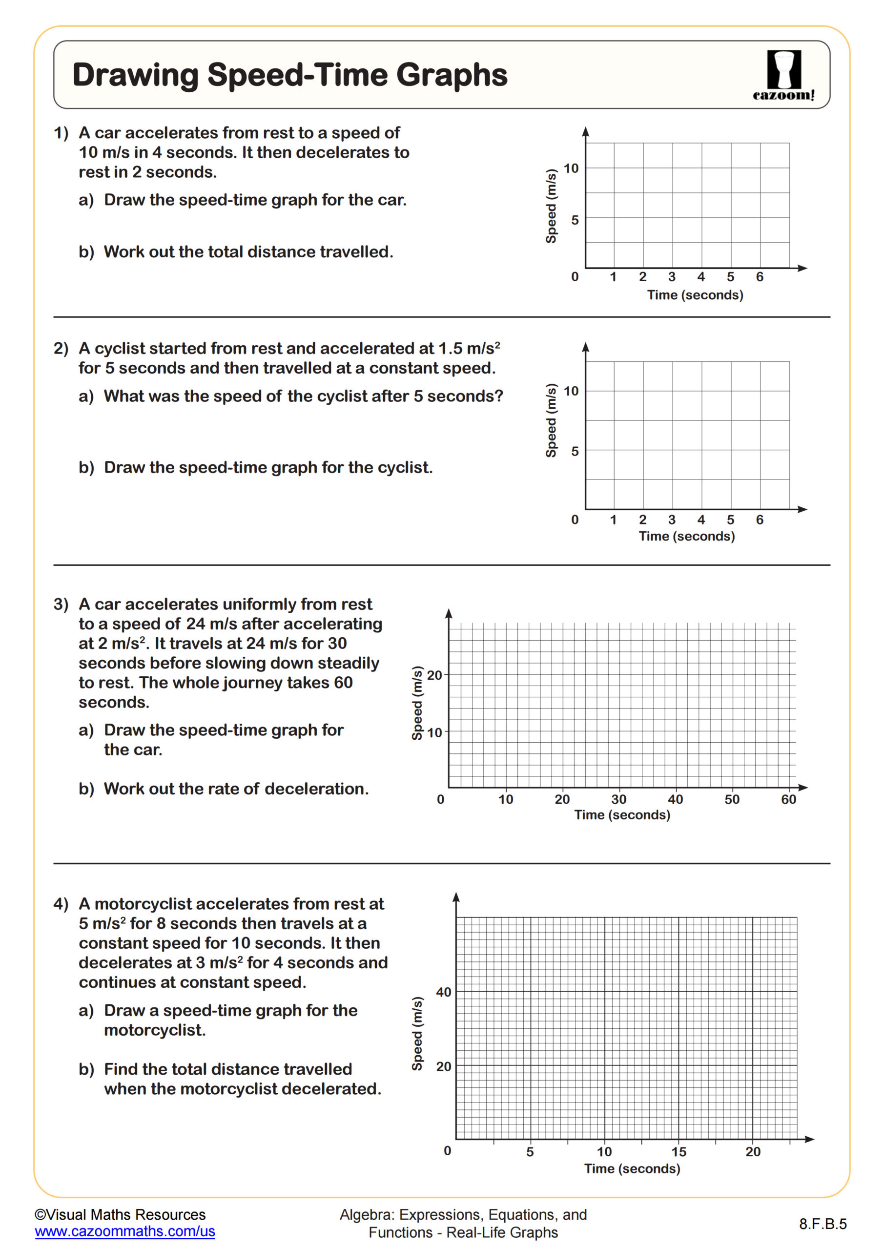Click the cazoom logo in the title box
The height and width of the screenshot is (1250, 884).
pos(784,75)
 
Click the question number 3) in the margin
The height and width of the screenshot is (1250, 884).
pos(61,604)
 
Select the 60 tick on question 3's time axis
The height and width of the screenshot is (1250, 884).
pos(788,799)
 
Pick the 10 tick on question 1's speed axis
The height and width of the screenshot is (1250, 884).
pos(571,168)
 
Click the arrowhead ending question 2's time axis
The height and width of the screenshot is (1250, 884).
pos(802,509)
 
